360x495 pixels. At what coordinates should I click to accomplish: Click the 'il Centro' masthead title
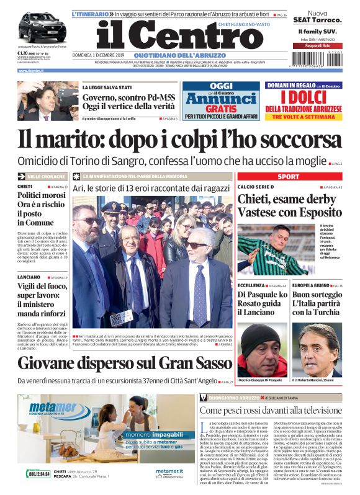pos(179,37)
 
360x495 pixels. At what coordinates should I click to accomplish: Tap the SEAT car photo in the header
pos(42,27)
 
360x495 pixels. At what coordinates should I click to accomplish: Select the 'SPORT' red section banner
pos(287,177)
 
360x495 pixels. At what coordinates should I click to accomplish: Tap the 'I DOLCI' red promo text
pos(303,98)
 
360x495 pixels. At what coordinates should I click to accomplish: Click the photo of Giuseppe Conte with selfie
pos(48,101)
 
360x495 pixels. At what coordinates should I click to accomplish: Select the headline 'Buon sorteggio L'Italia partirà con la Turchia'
pos(315,304)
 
